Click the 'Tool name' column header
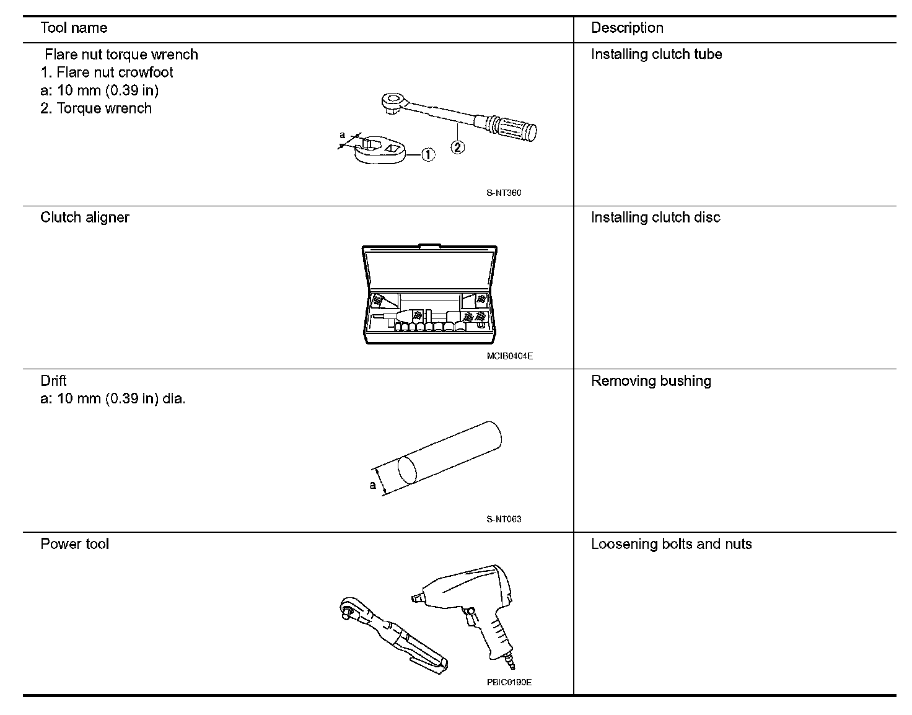tap(74, 28)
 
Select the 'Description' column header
tap(627, 28)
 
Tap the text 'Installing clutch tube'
tap(656, 55)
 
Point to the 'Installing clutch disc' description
tap(655, 217)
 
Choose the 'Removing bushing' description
tap(651, 381)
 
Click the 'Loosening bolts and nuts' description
tap(671, 544)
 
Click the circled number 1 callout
tap(427, 155)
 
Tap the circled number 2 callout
tap(457, 147)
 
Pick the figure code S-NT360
tap(504, 193)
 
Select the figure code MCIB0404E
tap(509, 356)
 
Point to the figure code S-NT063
tap(504, 519)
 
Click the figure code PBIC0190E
tap(509, 683)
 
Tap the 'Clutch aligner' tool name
tap(85, 217)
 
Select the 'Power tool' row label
tap(74, 544)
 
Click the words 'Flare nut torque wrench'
tap(121, 55)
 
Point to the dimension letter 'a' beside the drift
tap(373, 485)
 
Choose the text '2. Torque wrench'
tap(96, 108)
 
